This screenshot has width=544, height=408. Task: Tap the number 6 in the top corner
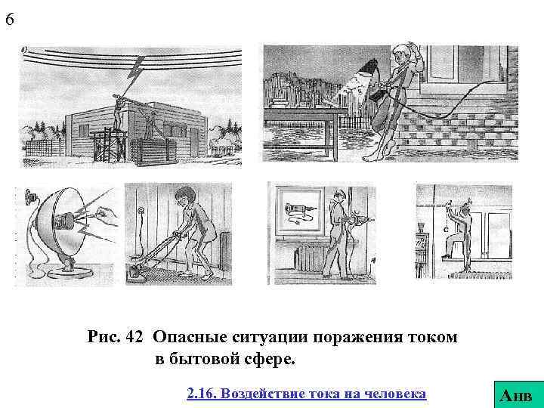(9, 20)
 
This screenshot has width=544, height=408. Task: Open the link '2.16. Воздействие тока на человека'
(306, 394)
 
